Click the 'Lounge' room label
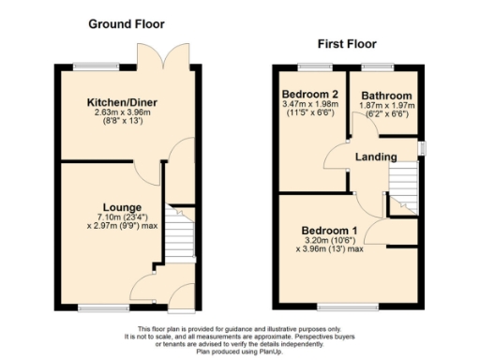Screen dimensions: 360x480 pos(123,207)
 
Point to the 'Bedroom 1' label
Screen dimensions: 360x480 pos(328,230)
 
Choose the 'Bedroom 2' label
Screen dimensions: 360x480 pos(309,96)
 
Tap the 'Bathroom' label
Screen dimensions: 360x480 pos(386,96)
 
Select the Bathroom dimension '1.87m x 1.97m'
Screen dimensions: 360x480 pos(386,107)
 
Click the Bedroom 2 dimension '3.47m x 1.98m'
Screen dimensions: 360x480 pos(309,107)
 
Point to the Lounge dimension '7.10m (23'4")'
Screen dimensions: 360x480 pos(123,217)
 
